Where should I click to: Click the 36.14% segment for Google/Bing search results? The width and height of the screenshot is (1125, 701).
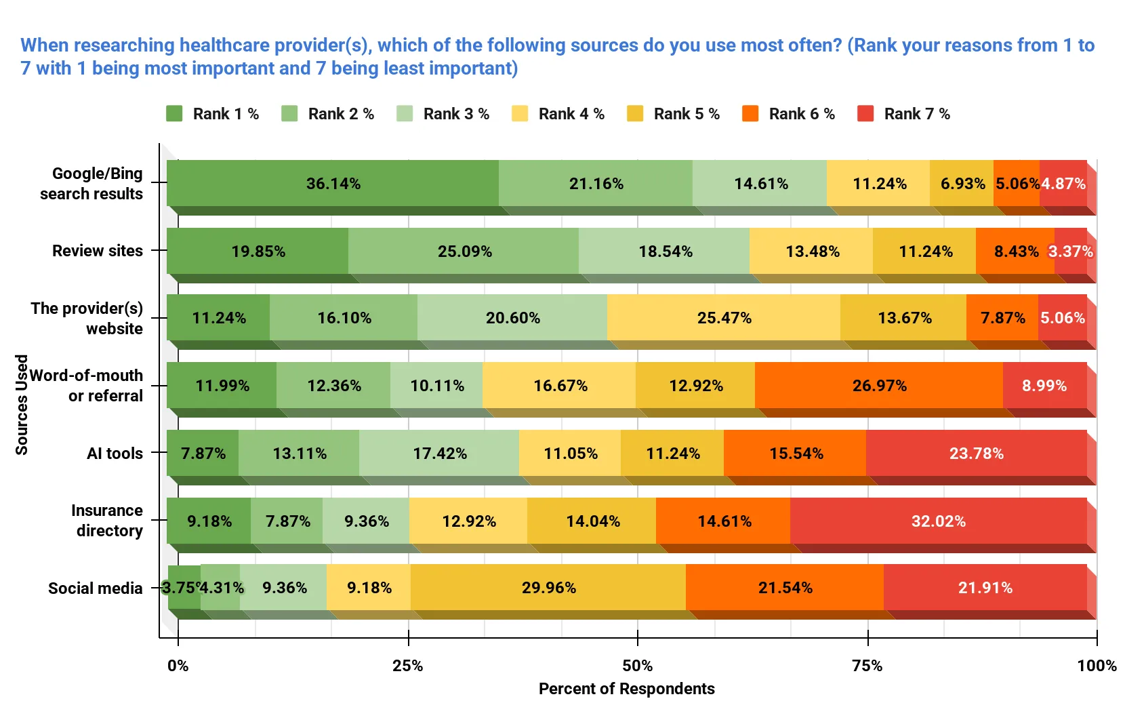pyautogui.click(x=333, y=184)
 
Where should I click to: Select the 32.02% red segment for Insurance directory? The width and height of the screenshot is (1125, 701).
pyautogui.click(x=938, y=521)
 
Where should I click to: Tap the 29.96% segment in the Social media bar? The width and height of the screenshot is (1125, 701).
pyautogui.click(x=548, y=588)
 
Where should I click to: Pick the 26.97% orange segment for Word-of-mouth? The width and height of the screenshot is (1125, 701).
pyautogui.click(x=879, y=386)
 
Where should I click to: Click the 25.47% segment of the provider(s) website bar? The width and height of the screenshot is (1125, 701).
pyautogui.click(x=724, y=318)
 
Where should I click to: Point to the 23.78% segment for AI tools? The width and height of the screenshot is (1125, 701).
pyautogui.click(x=976, y=454)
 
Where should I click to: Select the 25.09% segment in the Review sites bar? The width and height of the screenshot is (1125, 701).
pyautogui.click(x=464, y=252)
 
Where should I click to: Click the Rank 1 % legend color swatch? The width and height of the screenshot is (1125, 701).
pyautogui.click(x=174, y=114)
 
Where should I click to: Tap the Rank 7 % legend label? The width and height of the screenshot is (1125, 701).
pyautogui.click(x=916, y=114)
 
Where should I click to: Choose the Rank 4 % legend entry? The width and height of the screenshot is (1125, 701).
pyautogui.click(x=571, y=114)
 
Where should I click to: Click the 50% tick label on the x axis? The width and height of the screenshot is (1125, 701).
pyautogui.click(x=637, y=666)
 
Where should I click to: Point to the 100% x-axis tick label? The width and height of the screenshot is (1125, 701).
pyautogui.click(x=1096, y=666)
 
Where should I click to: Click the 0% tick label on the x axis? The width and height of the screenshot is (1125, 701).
pyautogui.click(x=178, y=666)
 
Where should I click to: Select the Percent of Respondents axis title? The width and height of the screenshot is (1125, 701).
pyautogui.click(x=626, y=689)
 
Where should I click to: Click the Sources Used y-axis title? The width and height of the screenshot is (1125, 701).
pyautogui.click(x=22, y=405)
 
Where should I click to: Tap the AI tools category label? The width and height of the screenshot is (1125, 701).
pyautogui.click(x=115, y=454)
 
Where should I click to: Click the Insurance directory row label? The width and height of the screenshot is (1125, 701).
pyautogui.click(x=107, y=521)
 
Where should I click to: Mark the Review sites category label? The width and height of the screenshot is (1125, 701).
pyautogui.click(x=98, y=251)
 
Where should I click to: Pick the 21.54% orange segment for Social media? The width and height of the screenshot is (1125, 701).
pyautogui.click(x=785, y=588)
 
